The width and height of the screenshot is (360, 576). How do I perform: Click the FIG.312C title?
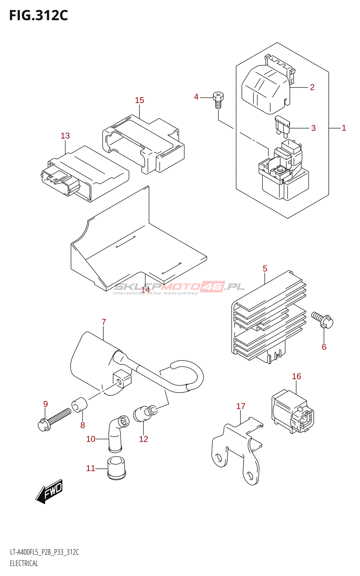click(x=39, y=15)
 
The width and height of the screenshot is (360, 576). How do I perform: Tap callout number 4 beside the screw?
click(x=196, y=97)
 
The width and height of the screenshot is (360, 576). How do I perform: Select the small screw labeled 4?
click(x=218, y=100)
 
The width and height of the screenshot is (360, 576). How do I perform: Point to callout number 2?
click(x=312, y=87)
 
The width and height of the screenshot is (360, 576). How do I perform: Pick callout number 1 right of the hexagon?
click(x=344, y=128)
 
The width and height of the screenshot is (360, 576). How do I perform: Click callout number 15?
click(x=139, y=100)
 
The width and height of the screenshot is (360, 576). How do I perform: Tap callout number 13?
click(x=65, y=136)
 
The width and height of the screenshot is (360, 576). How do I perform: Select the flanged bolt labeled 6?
click(x=323, y=320)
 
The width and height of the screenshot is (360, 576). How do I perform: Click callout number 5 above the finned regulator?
click(x=265, y=269)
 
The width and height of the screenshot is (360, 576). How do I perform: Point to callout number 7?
click(x=104, y=322)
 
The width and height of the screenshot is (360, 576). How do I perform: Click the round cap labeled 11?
click(x=117, y=468)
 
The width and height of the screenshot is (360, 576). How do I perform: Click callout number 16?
click(x=296, y=376)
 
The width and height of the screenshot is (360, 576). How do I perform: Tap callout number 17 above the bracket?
click(x=241, y=406)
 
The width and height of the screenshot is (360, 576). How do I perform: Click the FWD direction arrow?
click(x=50, y=491)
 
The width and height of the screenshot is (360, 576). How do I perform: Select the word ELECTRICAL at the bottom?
click(x=24, y=563)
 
